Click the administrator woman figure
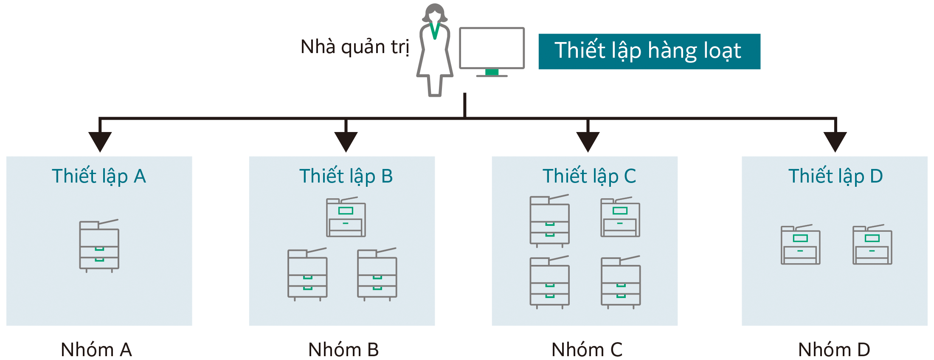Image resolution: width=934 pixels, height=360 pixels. coord(435,51)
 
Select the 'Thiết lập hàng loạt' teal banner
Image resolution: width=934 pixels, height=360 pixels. coord(649,51)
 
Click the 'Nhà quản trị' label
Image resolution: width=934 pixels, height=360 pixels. coord(354,47)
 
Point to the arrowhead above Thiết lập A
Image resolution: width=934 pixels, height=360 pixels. coord(100,141)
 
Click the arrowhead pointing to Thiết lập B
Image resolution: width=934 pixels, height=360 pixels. coord(346,141)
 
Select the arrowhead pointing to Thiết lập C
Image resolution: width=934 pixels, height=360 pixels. coord(588,141)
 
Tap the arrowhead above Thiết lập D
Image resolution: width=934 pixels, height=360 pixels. coord(835,141)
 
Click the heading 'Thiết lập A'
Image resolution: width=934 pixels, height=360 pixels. coord(99,176)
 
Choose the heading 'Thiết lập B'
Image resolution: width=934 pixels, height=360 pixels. coord(346,176)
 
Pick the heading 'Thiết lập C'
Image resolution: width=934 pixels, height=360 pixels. coord(589,176)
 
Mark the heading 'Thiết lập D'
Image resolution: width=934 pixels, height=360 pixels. coord(835,176)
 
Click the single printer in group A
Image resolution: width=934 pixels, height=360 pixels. coord(99,245)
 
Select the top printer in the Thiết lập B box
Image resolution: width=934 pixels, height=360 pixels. coord(346,217)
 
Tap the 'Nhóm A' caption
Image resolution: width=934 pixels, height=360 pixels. coord(96,350)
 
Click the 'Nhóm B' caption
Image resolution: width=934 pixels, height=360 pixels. coord(343,350)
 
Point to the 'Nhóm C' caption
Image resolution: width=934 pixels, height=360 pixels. coord(587,350)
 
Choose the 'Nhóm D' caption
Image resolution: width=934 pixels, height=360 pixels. coord(834,350)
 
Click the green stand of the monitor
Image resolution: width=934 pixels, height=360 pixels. coord(492,72)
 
